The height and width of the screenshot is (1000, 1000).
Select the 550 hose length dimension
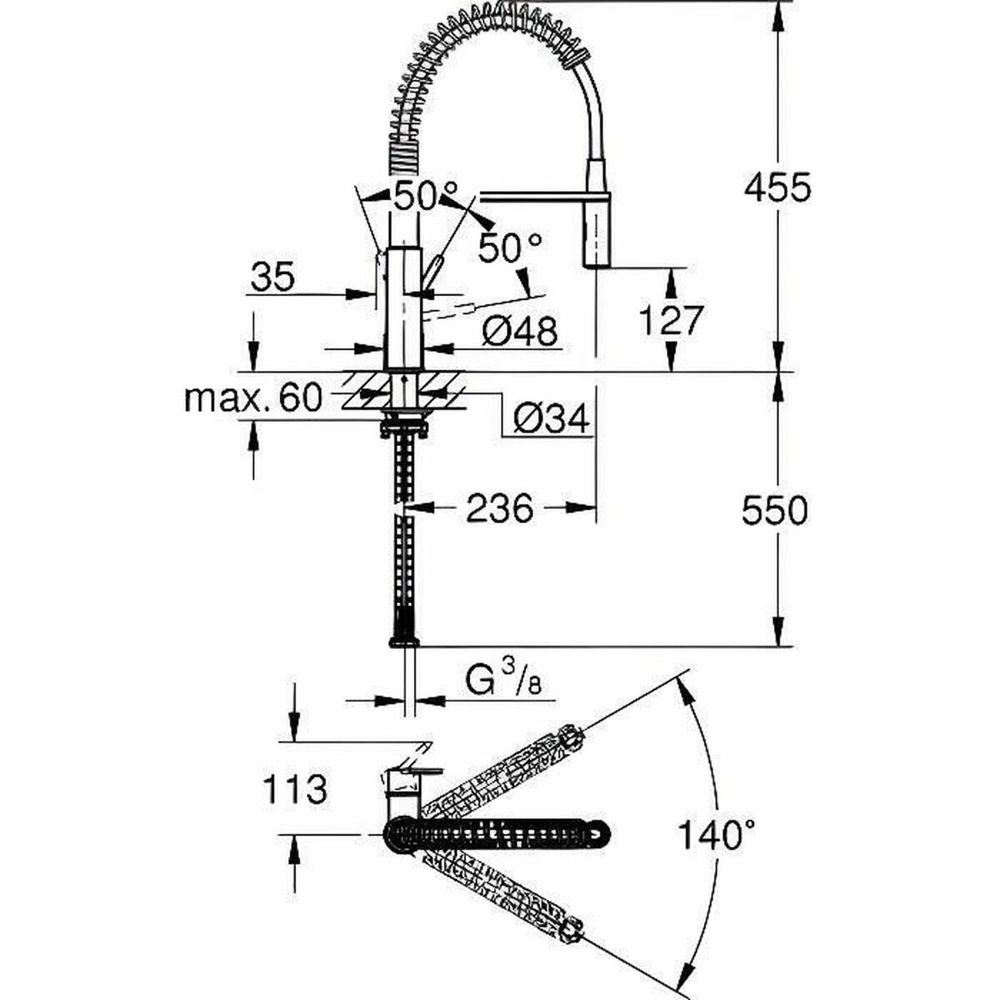tap(775, 510)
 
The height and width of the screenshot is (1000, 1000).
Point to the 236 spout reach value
tap(499, 507)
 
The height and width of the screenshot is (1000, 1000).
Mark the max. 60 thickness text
tap(252, 399)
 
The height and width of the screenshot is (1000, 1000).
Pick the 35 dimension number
tap(272, 277)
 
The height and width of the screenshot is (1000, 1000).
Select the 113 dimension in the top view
tap(294, 788)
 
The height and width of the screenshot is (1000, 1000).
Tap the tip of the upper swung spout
tap(570, 737)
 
